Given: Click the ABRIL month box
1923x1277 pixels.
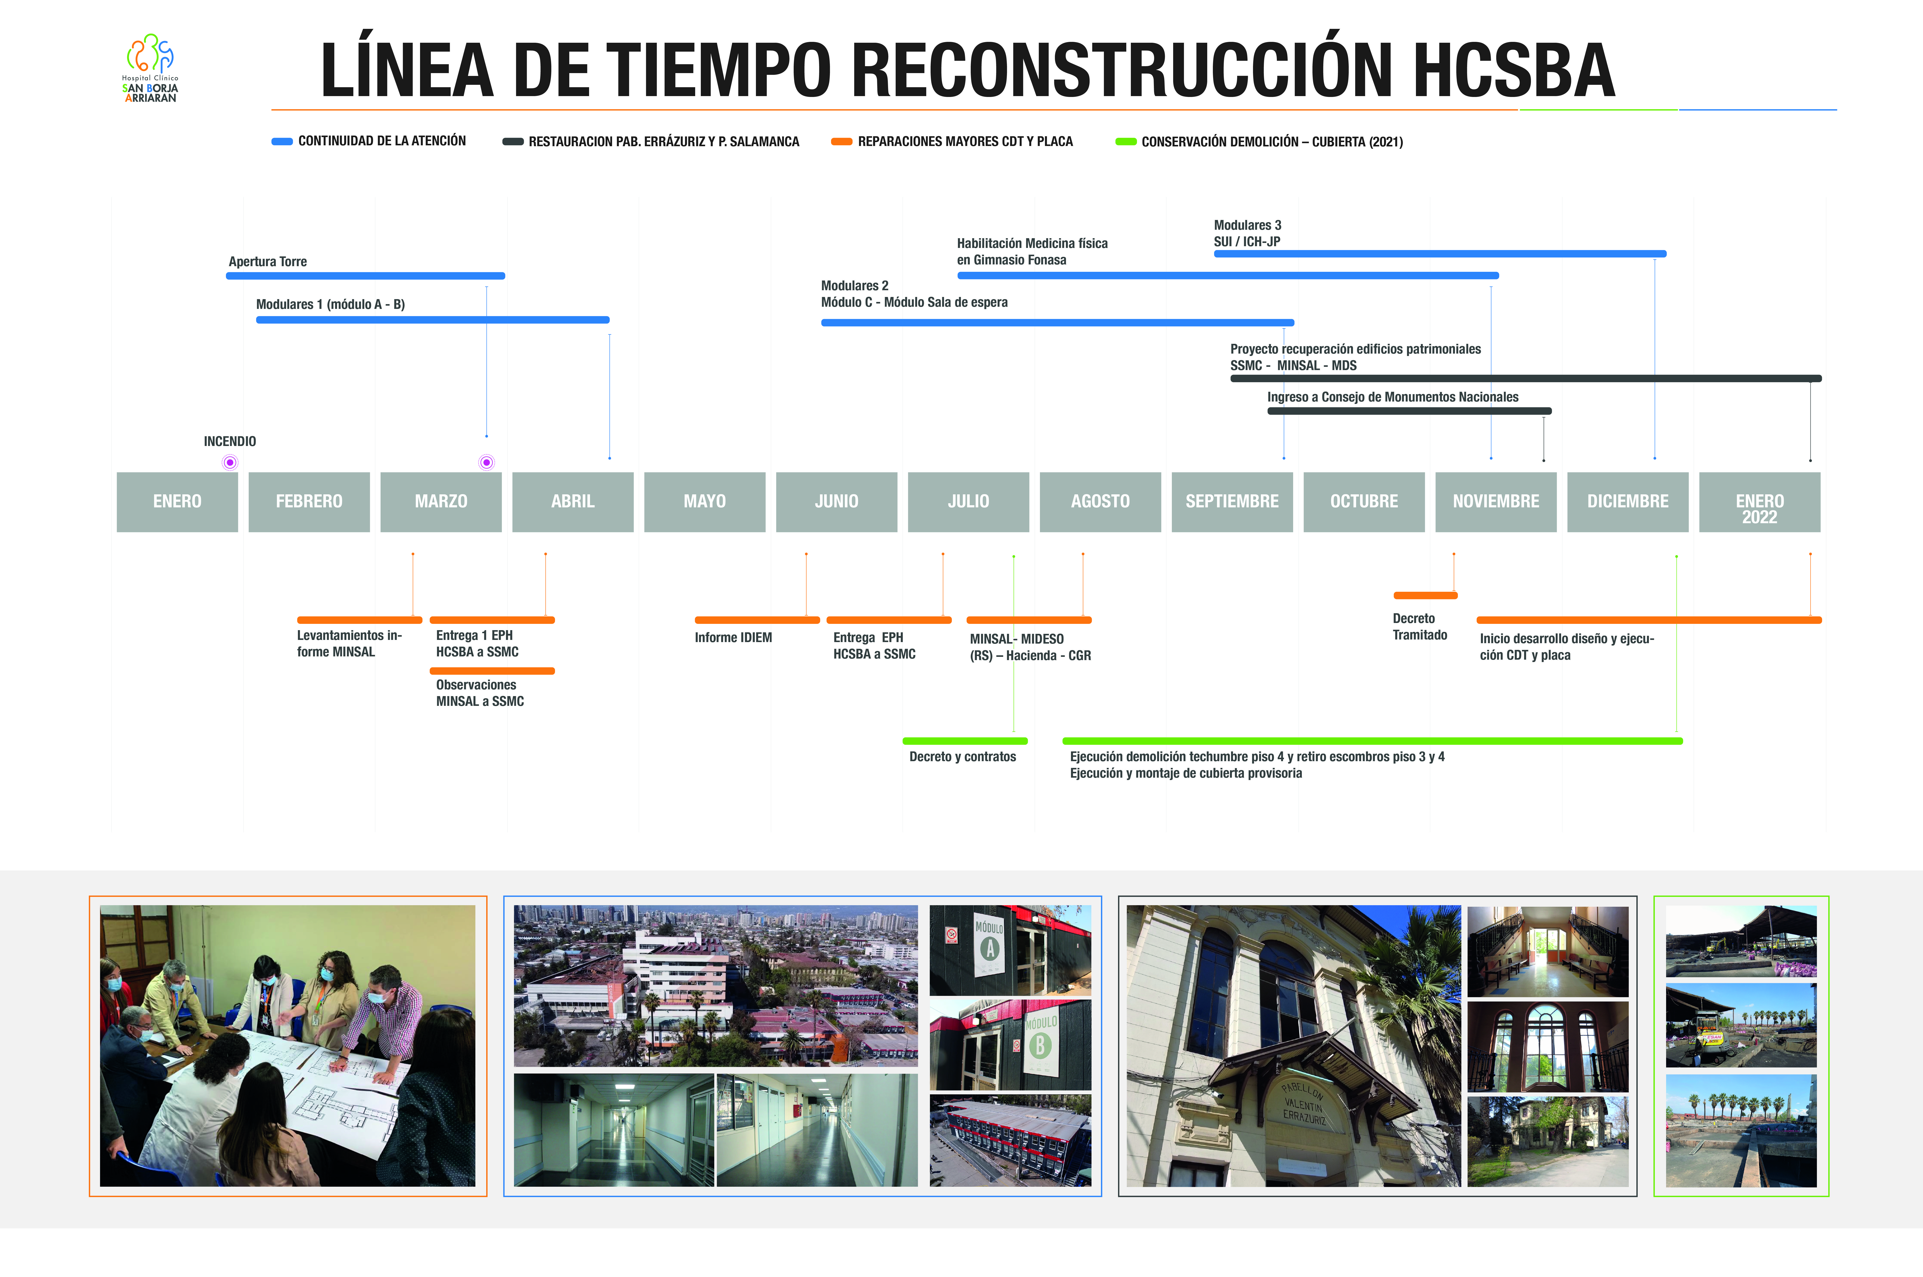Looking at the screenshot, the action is click(x=573, y=502).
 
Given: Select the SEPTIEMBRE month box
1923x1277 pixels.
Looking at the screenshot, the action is click(x=1232, y=502).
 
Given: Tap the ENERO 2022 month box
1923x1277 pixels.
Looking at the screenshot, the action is click(x=1759, y=502).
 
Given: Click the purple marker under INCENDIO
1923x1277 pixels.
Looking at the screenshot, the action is click(x=230, y=463).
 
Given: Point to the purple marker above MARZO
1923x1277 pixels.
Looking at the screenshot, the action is click(x=486, y=463).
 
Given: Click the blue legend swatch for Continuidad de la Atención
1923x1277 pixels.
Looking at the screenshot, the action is click(x=282, y=142).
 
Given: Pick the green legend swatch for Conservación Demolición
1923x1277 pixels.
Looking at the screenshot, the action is click(x=1126, y=142).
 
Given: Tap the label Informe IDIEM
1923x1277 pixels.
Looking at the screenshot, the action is click(x=733, y=638).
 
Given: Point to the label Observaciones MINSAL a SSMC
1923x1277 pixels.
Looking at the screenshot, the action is click(x=480, y=693).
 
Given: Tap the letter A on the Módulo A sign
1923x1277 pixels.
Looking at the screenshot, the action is click(x=990, y=949).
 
